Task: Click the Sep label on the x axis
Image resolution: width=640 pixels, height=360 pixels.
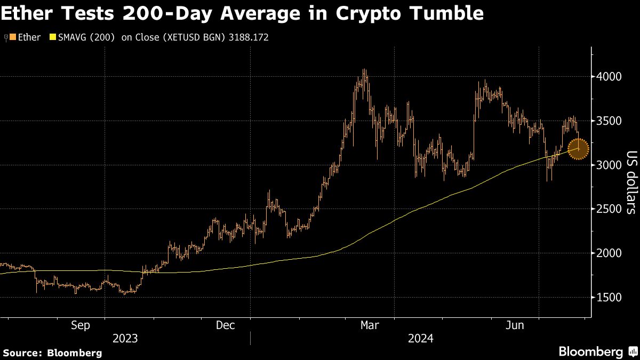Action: [x=81, y=325]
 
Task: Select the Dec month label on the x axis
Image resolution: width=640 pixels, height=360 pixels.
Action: [x=225, y=325]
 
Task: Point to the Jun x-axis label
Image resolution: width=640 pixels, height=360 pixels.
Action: [x=515, y=325]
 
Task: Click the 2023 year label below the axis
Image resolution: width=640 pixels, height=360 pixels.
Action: [x=125, y=339]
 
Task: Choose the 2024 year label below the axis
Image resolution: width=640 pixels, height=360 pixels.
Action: [x=421, y=339]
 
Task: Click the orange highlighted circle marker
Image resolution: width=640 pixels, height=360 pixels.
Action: [x=578, y=149]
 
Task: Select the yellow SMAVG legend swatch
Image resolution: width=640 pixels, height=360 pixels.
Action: [x=52, y=38]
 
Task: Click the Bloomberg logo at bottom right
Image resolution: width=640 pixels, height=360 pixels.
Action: [x=597, y=352]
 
